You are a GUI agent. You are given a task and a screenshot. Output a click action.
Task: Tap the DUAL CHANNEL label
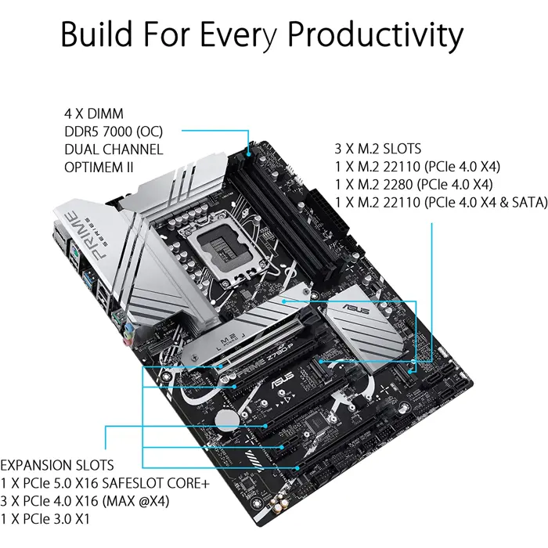click(114, 149)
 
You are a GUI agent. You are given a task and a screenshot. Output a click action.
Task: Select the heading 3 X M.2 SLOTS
click(377, 148)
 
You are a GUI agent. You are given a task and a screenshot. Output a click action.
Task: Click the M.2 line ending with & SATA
click(438, 204)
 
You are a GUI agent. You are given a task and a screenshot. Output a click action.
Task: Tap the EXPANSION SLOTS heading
click(57, 465)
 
